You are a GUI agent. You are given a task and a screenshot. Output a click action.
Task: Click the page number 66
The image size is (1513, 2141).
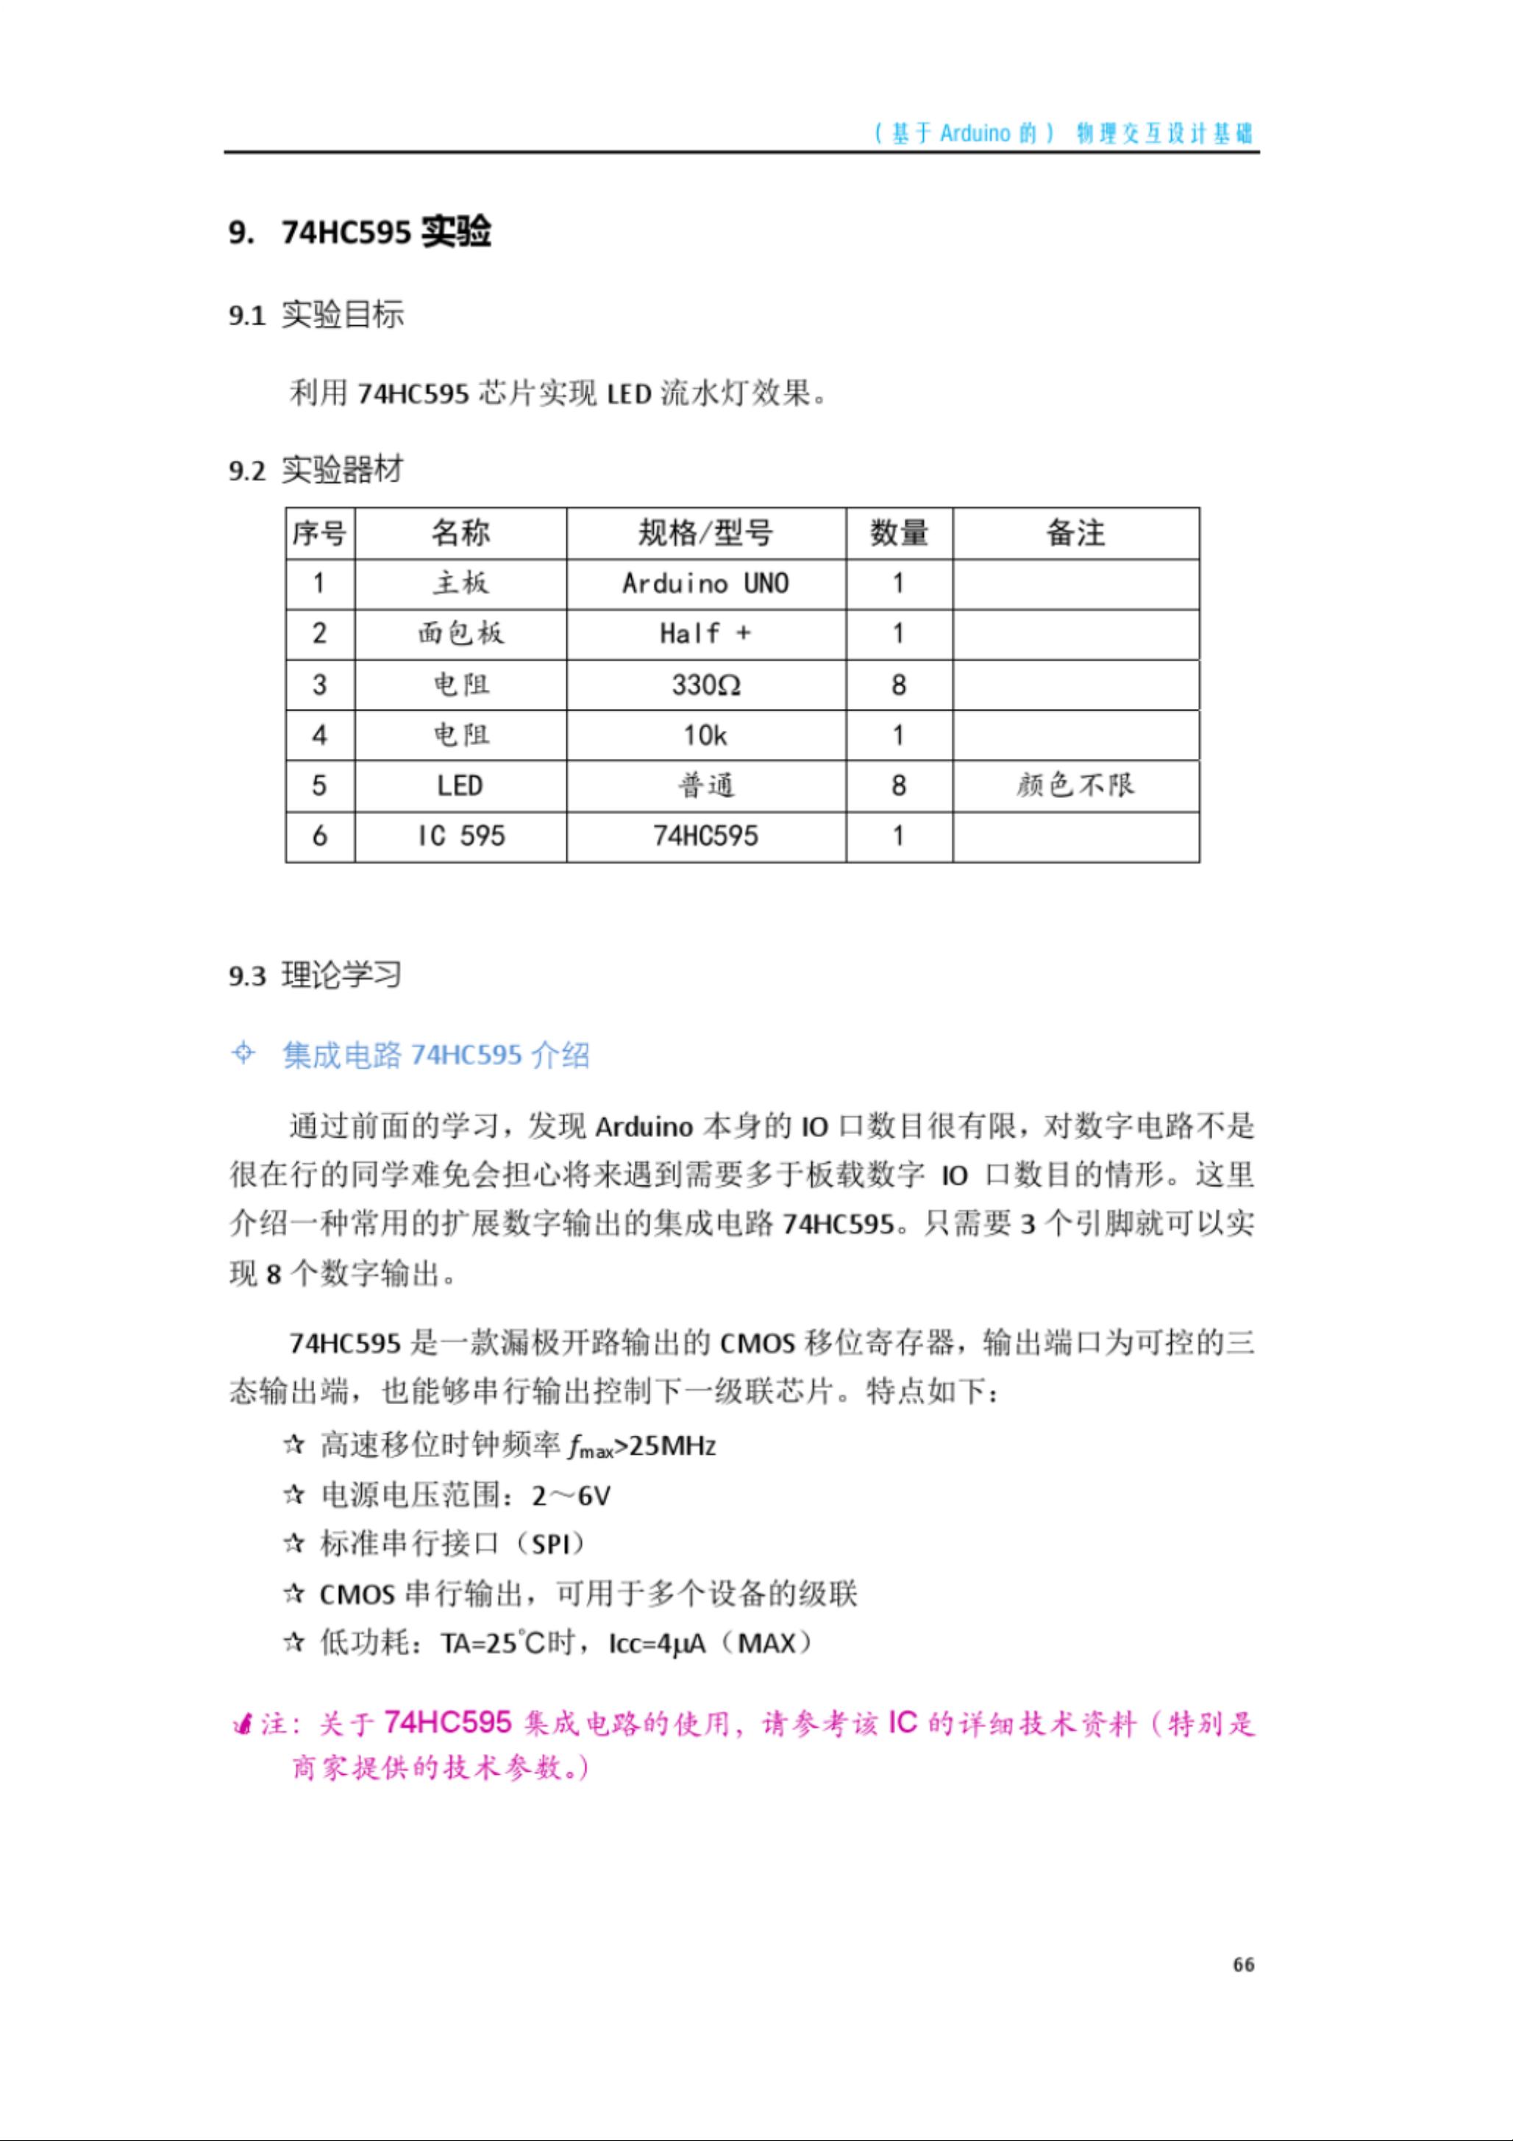point(1243,1964)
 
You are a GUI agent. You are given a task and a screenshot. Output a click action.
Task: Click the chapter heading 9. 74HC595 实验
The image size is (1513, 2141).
point(360,231)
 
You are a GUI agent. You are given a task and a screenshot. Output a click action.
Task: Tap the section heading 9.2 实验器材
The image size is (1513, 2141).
point(316,469)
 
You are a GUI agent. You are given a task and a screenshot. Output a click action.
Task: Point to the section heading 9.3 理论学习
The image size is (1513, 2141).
point(316,975)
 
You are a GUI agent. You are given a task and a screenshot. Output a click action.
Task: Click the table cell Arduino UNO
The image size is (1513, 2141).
point(705,584)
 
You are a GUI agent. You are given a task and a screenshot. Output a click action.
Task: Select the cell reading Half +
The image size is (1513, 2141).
point(705,634)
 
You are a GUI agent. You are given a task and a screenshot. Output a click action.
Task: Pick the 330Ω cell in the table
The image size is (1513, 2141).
point(705,685)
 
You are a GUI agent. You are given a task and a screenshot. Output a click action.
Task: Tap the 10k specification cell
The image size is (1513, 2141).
point(705,735)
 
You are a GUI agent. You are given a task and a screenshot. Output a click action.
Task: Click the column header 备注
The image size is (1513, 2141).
point(1075,533)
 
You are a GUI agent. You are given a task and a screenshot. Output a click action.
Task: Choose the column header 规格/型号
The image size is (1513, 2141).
point(705,533)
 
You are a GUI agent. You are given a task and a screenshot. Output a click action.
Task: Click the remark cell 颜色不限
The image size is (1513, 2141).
point(1075,785)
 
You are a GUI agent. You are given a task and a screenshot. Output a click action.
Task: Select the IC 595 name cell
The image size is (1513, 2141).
point(460,836)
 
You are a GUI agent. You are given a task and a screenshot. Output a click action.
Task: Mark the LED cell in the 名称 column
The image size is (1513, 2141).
point(460,785)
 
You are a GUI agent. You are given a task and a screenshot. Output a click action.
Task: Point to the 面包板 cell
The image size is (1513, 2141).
point(460,634)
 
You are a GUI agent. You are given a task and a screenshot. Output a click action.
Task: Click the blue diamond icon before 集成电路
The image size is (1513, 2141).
point(243,1054)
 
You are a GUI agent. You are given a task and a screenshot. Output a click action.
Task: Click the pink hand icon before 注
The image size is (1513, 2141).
point(243,1725)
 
